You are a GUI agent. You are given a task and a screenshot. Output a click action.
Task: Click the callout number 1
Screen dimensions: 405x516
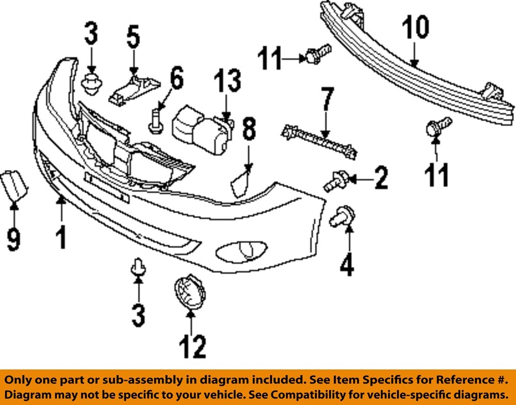click(x=61, y=239)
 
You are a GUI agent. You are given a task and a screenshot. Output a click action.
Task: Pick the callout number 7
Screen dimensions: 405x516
click(x=327, y=101)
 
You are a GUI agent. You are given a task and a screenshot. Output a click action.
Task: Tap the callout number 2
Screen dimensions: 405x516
click(x=380, y=178)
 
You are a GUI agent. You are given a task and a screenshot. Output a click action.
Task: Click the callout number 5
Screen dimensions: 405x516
click(x=133, y=38)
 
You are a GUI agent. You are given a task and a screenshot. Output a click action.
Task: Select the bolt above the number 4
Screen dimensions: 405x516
click(x=341, y=217)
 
